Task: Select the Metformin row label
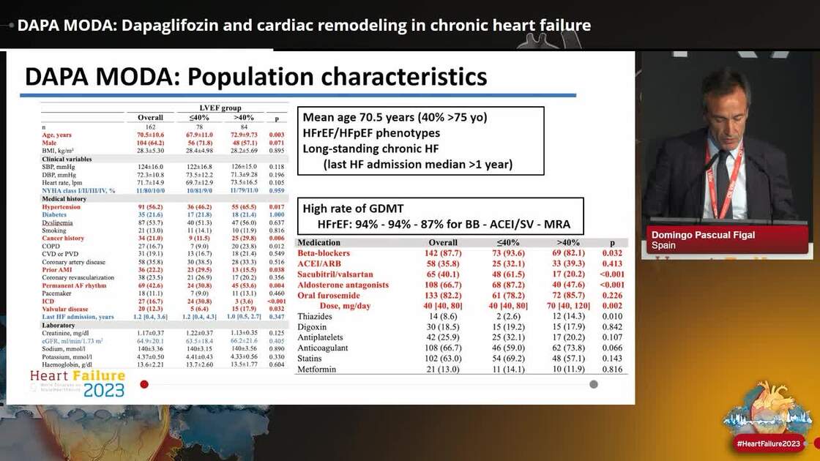320,370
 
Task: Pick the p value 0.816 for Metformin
607,370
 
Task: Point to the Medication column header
319,242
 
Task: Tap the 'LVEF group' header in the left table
221,108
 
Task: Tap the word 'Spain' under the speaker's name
664,247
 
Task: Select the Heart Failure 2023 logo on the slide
78,383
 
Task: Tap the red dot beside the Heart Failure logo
144,384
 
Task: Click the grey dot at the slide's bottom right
594,384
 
